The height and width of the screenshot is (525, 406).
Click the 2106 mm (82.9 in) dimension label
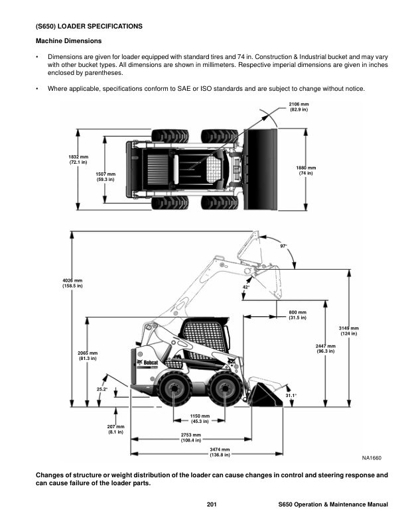click(299, 107)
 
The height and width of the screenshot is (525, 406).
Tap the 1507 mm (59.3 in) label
click(105, 176)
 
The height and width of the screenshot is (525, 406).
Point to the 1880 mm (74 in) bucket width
click(305, 170)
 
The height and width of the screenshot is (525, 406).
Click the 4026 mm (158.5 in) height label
click(72, 283)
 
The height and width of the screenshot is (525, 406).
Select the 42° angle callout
click(245, 287)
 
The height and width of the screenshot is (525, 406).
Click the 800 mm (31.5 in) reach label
click(297, 315)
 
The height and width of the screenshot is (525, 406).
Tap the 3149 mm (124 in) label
click(349, 331)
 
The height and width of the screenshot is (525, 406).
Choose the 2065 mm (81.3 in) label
click(88, 356)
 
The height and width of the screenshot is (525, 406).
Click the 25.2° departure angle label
click(101, 389)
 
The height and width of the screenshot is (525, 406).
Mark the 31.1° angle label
click(291, 396)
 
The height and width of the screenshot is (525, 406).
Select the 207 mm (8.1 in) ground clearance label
click(116, 429)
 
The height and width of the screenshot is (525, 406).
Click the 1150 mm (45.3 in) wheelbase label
click(200, 418)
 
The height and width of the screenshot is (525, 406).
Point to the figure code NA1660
click(372, 458)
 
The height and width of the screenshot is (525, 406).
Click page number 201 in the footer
click(212, 506)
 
